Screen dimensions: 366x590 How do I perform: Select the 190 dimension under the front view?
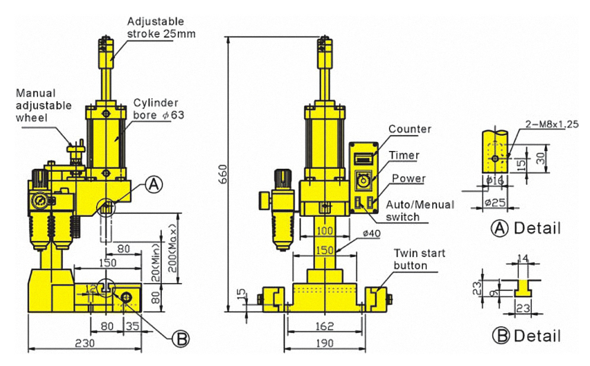(324, 342)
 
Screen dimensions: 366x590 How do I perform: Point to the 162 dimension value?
(324, 325)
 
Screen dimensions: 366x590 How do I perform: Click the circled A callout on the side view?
(153, 185)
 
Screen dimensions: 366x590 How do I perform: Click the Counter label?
(410, 129)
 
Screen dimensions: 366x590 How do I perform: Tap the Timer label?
(404, 155)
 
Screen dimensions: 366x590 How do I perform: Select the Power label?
(408, 178)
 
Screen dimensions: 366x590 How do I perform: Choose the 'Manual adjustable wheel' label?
(43, 105)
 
